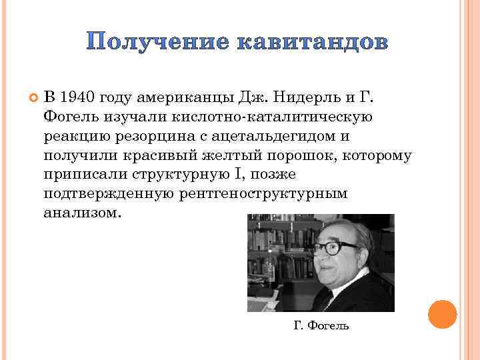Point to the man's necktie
[x=326, y=301]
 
